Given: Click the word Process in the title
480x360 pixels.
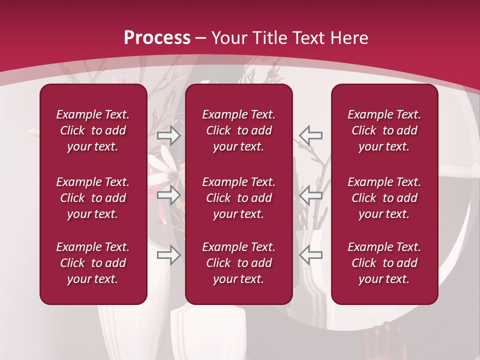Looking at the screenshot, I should pos(157,37).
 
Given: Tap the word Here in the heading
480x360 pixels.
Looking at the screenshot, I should pos(349,37).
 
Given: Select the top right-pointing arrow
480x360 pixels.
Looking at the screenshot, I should pos(168,135).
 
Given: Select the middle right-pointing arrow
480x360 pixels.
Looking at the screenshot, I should pos(168,195).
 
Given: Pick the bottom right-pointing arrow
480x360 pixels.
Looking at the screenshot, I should pos(168,255).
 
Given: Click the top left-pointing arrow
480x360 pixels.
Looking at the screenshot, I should pos(310,135).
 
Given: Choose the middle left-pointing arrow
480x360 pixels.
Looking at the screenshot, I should pos(310,195).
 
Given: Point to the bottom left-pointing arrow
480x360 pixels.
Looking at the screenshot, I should pos(310,255).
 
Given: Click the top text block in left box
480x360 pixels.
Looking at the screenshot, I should pos(93,130).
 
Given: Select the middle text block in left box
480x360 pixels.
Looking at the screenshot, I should pos(93,198).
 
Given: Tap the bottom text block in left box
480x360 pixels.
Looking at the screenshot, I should pos(93,263).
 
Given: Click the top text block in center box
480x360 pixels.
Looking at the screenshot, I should pos(238,130).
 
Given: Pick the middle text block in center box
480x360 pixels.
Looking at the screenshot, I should pos(238,198).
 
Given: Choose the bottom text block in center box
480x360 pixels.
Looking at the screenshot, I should pos(238,263).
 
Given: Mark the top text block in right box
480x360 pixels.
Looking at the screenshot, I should pos(384,130).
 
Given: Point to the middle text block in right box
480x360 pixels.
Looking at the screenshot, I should pos(384,198).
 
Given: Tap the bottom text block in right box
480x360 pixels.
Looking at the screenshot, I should pos(384,263).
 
